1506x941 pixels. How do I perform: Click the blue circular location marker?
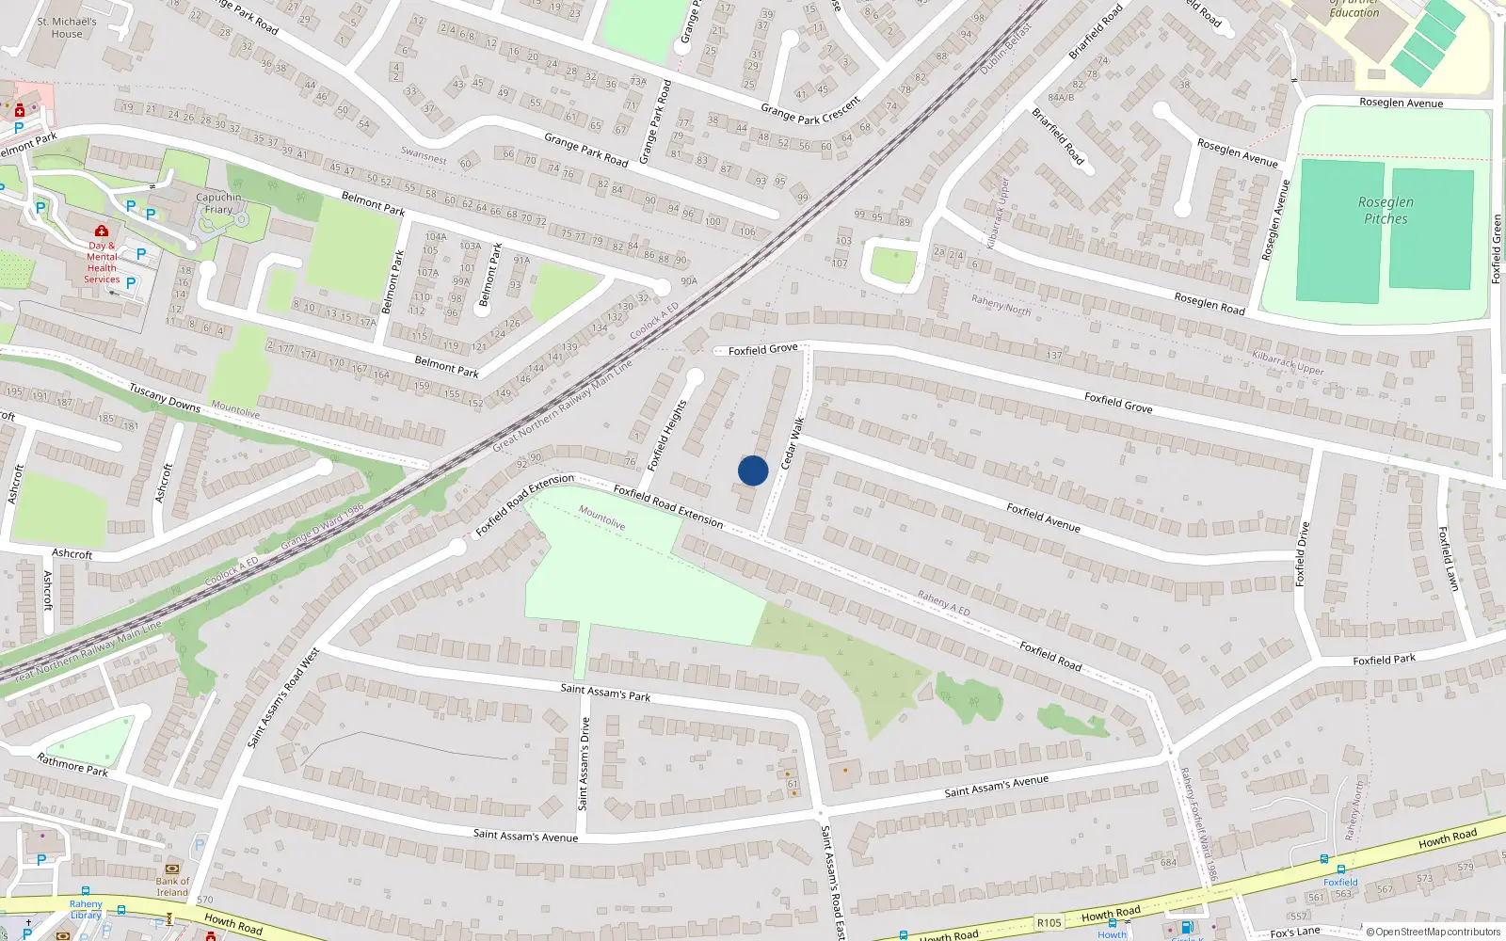click(x=753, y=470)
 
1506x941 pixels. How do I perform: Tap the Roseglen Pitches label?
click(x=1386, y=211)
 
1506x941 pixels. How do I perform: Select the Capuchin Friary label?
click(x=218, y=203)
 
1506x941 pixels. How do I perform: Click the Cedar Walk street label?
click(x=793, y=442)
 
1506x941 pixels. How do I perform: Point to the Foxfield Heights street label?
click(x=667, y=435)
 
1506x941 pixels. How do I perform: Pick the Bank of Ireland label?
click(x=172, y=886)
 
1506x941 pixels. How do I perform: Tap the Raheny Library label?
click(x=86, y=909)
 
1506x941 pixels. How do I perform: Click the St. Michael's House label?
click(x=67, y=27)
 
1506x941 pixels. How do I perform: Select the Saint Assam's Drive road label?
click(x=584, y=763)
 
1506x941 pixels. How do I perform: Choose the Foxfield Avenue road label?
click(x=1043, y=518)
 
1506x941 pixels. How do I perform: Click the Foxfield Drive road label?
click(x=1303, y=554)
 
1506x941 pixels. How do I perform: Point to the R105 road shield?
click(x=1049, y=923)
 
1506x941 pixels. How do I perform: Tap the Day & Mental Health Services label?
click(x=102, y=262)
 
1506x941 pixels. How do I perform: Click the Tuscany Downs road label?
click(x=165, y=397)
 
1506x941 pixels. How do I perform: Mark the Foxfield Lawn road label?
click(x=1448, y=559)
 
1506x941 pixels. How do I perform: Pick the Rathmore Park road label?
click(x=72, y=764)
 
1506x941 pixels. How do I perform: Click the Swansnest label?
click(x=424, y=155)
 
